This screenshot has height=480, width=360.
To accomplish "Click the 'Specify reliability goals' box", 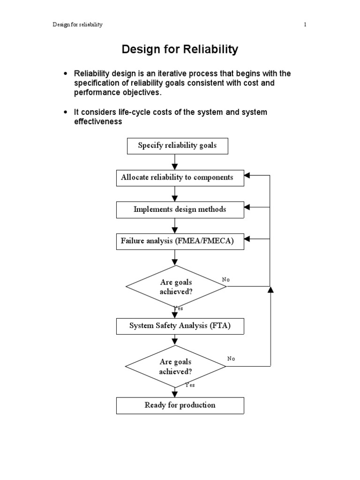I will (177, 146).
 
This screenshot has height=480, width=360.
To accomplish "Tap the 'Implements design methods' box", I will (180, 209).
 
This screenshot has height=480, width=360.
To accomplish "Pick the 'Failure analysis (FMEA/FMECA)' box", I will (177, 241).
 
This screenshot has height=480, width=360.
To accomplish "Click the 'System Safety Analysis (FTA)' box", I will (180, 326).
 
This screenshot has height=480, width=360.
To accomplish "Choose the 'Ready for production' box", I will (180, 405).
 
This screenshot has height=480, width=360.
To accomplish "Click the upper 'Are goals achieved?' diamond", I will (176, 286).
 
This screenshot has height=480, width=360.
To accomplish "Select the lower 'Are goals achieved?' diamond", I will (176, 366).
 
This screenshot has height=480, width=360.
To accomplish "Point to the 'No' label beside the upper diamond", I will (226, 279).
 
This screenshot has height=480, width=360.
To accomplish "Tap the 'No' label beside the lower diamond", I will (231, 359).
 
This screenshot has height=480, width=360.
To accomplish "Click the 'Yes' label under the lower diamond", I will (190, 385).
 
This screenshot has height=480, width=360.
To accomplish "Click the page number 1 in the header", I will (305, 25).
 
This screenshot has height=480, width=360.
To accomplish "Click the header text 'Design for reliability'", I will (77, 25).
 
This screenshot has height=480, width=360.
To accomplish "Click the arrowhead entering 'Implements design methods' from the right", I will (248, 207).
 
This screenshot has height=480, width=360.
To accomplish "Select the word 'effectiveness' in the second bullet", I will (98, 121).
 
